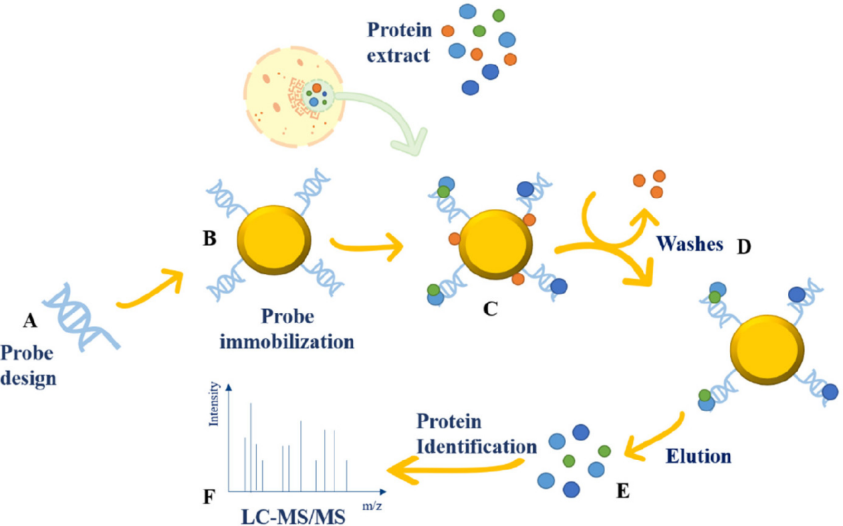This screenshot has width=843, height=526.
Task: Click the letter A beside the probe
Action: pos(29,321)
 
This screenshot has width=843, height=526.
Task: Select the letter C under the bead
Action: pos(491,309)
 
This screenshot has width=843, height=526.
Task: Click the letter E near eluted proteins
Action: pos(623,491)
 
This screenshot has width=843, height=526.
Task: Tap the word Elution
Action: pos(698,456)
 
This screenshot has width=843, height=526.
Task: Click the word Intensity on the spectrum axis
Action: pos(213,403)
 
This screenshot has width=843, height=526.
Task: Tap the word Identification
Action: pos(477,446)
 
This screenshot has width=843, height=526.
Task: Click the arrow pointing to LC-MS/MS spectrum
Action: pos(454,468)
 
